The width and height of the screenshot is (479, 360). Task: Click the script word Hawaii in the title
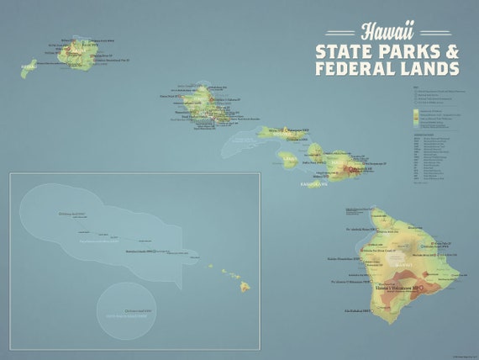[x=387, y=32]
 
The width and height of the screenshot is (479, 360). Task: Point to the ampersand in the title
[x=452, y=51]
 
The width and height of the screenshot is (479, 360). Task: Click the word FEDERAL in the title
[x=355, y=69]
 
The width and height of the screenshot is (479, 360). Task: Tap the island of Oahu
[x=202, y=105]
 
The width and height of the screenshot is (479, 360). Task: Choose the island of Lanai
[x=288, y=157]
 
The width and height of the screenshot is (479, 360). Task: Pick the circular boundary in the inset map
[x=125, y=304]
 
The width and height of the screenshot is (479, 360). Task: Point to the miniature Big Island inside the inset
[x=245, y=287]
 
